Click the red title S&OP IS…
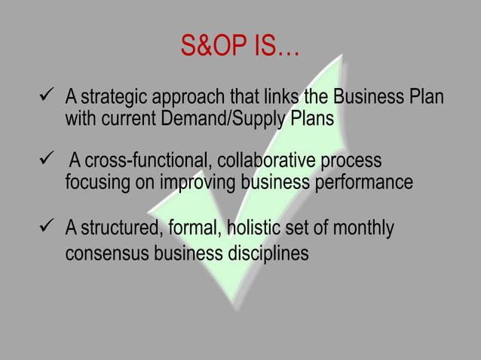pos(240,48)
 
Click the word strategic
pos(112,98)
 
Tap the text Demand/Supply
pos(240,119)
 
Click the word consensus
pos(106,254)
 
